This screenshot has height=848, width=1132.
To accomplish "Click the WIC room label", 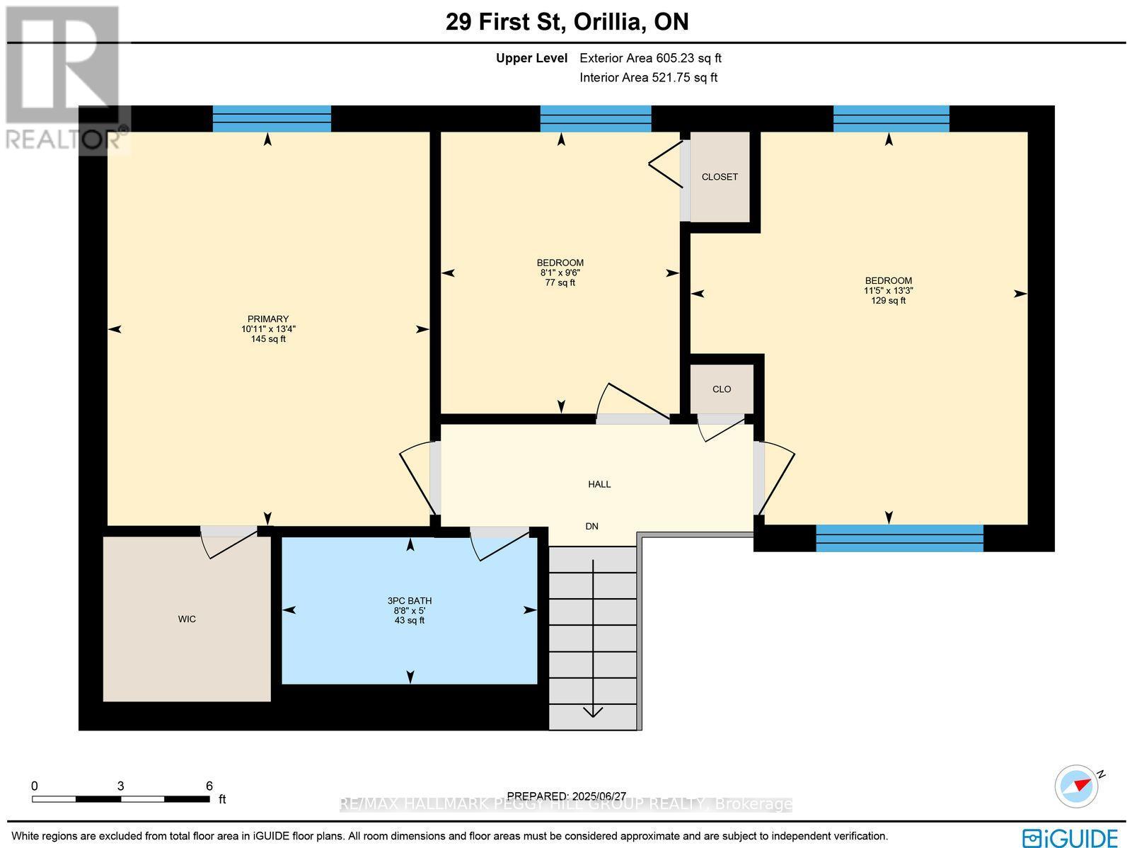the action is tap(187, 619).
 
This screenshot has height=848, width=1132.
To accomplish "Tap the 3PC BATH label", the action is tap(410, 600).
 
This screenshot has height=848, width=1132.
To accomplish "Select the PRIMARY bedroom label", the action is tap(268, 319).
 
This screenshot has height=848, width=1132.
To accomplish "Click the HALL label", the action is tap(599, 484).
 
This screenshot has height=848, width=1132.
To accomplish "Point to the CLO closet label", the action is tap(722, 389).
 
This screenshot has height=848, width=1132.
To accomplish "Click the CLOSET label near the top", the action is tap(720, 176).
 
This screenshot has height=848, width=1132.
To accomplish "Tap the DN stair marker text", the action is tap(591, 526).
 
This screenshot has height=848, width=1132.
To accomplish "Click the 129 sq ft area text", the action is tap(888, 300).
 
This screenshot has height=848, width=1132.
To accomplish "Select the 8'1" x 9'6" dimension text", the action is tap(560, 273).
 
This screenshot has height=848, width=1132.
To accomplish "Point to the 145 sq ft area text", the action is tap(268, 339).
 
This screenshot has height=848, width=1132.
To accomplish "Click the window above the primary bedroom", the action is tap(272, 119).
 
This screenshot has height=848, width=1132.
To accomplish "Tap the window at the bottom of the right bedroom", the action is tap(899, 538).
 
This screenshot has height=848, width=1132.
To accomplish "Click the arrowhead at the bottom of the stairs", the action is tap(593, 712).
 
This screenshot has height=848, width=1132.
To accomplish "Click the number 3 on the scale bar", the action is tap(121, 786).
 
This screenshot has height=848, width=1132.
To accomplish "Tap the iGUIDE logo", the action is tap(1070, 837).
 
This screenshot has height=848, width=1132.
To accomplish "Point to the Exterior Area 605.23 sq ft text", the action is tap(650, 58).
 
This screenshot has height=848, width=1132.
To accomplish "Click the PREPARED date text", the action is tap(566, 796).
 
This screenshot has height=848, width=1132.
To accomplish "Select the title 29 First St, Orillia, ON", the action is tap(567, 22).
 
